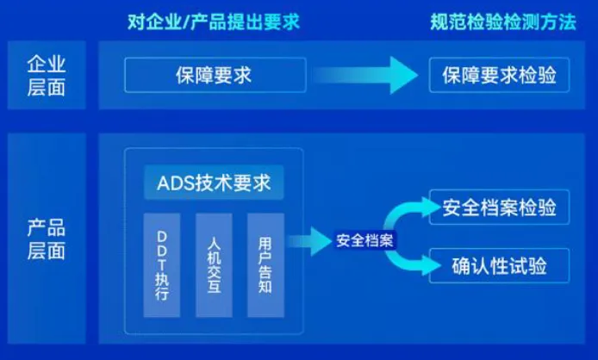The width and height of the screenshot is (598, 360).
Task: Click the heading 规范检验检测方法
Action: (x=502, y=22)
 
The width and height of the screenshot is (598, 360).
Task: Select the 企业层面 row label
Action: (x=47, y=76)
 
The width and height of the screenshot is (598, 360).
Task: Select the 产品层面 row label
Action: (x=47, y=240)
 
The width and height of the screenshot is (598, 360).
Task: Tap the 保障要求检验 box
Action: (x=500, y=76)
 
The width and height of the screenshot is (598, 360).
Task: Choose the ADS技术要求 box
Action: (x=214, y=183)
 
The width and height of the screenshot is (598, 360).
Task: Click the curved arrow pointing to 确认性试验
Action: (x=414, y=261)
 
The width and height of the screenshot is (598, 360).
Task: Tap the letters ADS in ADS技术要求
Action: (x=175, y=183)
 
